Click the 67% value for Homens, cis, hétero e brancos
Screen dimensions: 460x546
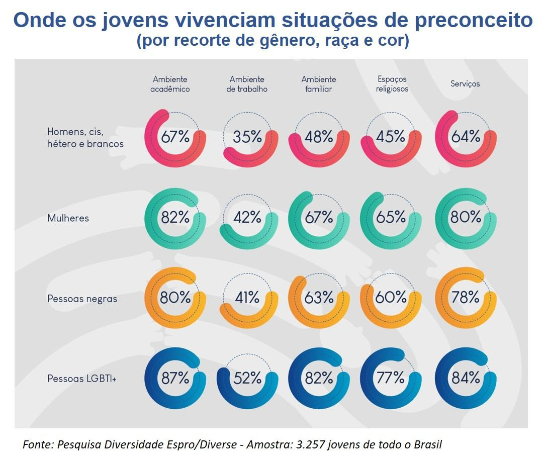(x=175, y=137)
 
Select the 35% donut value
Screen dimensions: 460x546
(x=247, y=137)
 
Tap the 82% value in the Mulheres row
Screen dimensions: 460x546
(x=175, y=217)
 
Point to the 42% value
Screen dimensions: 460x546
(x=247, y=217)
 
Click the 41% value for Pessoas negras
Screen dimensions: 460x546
(x=247, y=298)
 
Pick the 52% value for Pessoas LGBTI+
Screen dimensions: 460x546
(x=247, y=378)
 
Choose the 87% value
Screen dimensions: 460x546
(x=175, y=378)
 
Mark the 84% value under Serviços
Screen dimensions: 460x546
(x=466, y=378)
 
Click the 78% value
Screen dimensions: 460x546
(x=466, y=298)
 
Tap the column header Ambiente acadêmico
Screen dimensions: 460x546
(x=171, y=84)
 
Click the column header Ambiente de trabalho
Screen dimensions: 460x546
(x=247, y=84)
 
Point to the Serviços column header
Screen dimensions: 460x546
(x=465, y=84)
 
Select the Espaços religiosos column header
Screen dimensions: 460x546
(x=392, y=84)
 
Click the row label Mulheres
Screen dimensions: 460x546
(x=68, y=218)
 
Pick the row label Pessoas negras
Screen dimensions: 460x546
(x=82, y=299)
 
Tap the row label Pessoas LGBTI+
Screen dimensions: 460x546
(x=82, y=379)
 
